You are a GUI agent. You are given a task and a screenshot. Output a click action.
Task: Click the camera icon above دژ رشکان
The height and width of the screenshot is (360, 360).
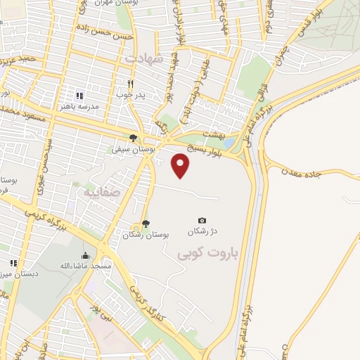pos(202,221)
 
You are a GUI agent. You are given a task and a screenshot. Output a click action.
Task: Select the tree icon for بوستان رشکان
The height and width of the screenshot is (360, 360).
pos(146,224)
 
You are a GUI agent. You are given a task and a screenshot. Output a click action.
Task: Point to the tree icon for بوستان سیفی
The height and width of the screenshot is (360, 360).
pos(133,139)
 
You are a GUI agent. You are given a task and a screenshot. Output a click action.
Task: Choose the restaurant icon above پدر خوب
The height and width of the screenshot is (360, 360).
pos(130,84)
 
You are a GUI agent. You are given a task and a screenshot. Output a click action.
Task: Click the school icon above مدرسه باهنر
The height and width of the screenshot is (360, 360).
pos(79,95)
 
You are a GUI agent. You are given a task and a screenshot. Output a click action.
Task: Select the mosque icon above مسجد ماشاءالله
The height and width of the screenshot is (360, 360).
pos(85,255)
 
